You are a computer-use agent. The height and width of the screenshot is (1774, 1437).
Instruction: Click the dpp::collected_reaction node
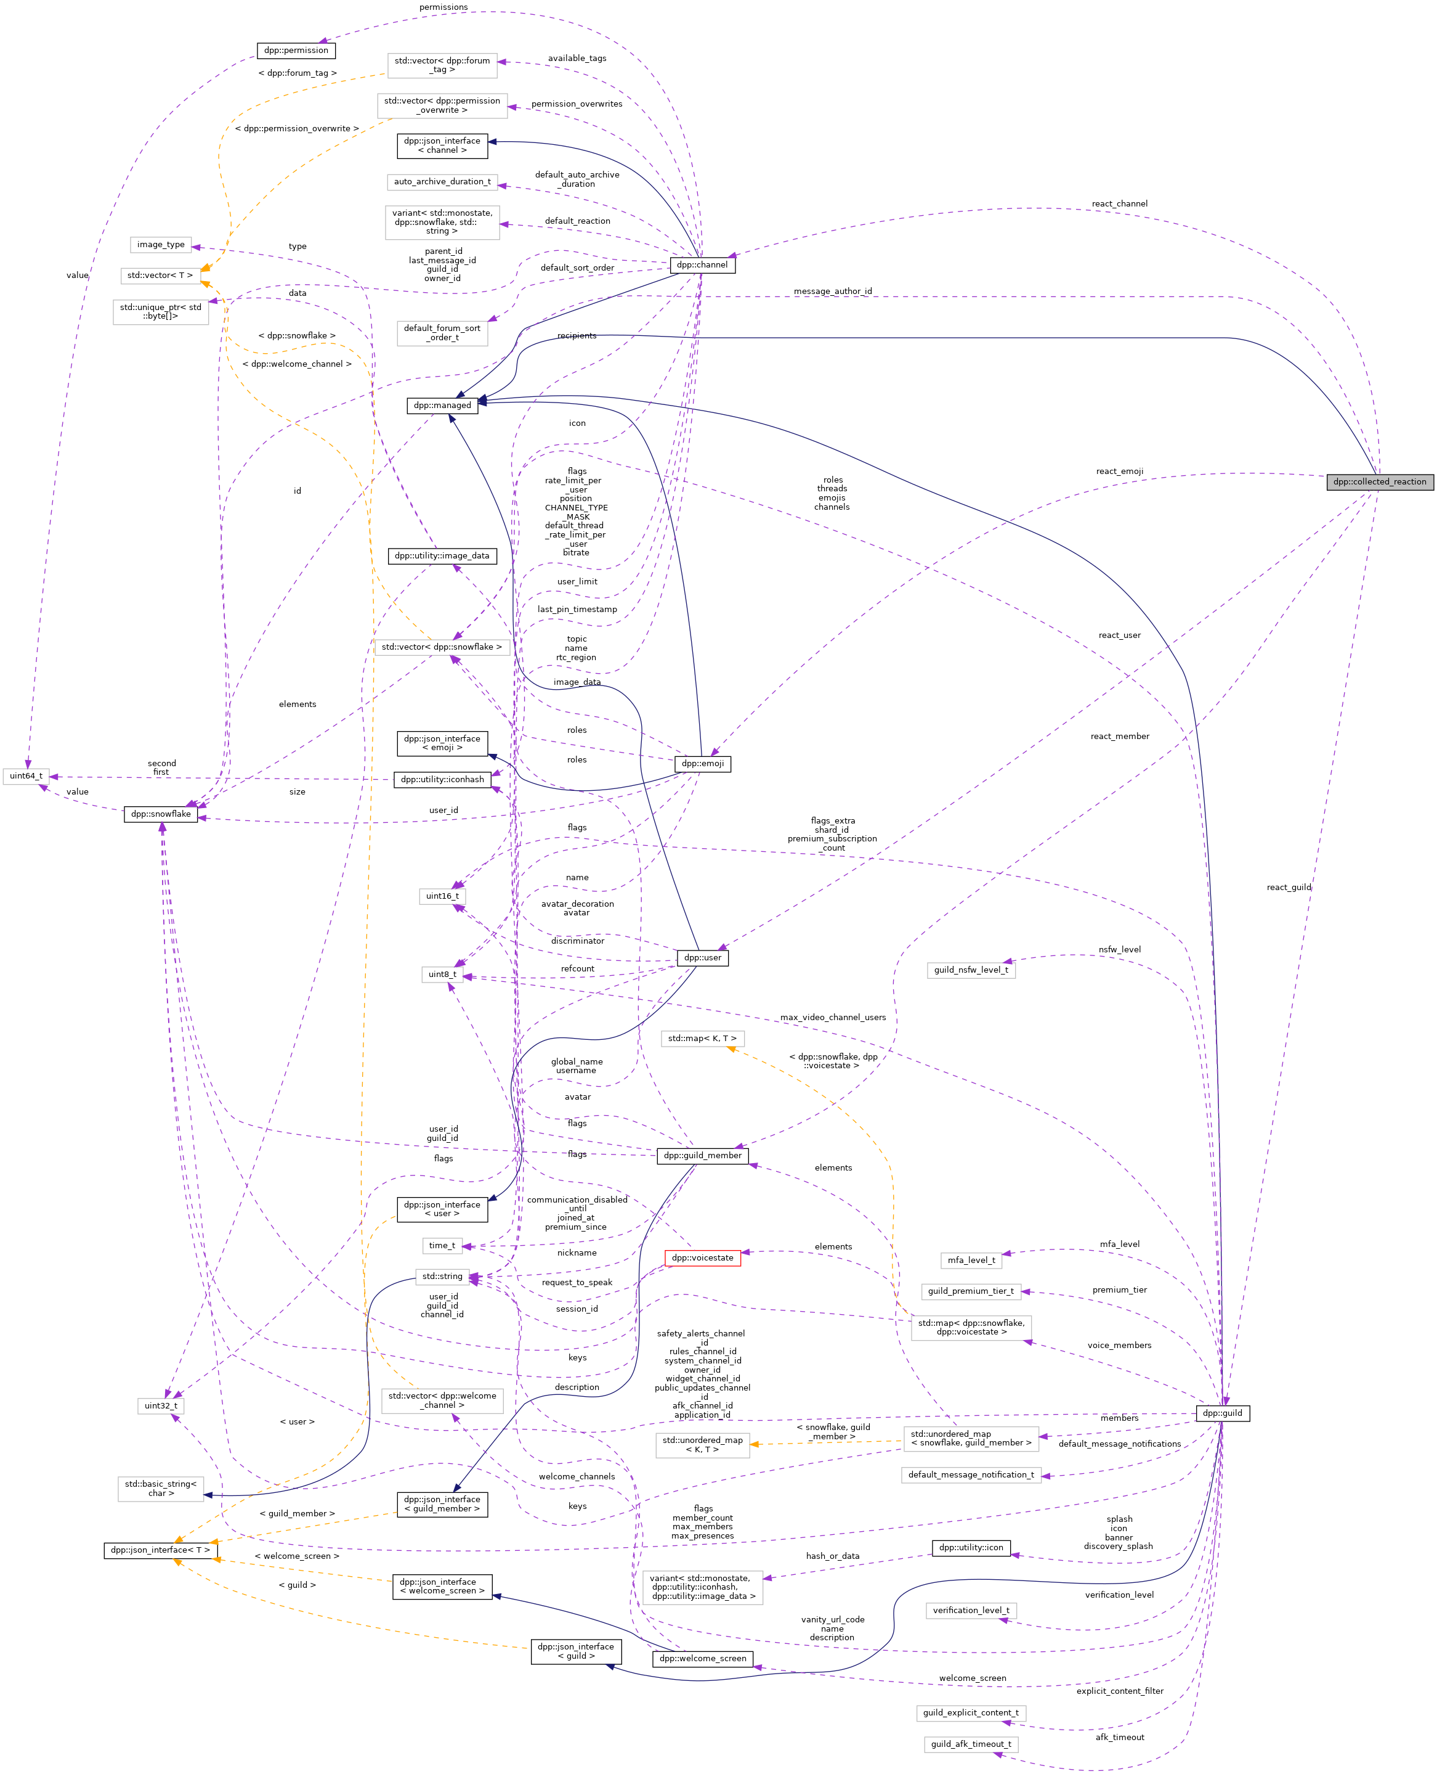1379,481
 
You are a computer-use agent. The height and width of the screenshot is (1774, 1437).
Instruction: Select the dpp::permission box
296,51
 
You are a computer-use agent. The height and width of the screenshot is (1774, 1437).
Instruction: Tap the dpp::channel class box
702,265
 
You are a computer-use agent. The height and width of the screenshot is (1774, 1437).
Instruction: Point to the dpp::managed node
442,405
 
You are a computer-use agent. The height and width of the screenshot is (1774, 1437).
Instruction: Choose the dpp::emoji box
702,764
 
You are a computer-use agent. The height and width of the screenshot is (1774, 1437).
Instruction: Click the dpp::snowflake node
161,814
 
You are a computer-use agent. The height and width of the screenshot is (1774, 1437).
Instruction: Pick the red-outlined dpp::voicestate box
702,1258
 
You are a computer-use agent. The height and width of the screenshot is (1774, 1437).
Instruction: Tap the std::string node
442,1276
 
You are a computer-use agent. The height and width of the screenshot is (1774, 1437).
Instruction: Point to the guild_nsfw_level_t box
971,970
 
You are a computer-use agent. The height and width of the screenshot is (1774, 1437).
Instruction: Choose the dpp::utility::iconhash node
442,779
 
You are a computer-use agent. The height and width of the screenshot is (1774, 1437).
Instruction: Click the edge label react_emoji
1119,472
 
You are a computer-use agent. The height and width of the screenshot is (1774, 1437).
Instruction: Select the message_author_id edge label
832,292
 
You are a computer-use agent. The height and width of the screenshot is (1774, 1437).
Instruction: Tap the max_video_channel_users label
832,1018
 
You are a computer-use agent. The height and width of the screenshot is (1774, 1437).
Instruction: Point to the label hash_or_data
832,1556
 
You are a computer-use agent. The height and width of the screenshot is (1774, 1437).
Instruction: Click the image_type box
161,245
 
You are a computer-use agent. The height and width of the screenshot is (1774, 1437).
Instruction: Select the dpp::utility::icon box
971,1547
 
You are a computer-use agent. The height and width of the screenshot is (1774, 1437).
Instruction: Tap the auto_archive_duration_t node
442,181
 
